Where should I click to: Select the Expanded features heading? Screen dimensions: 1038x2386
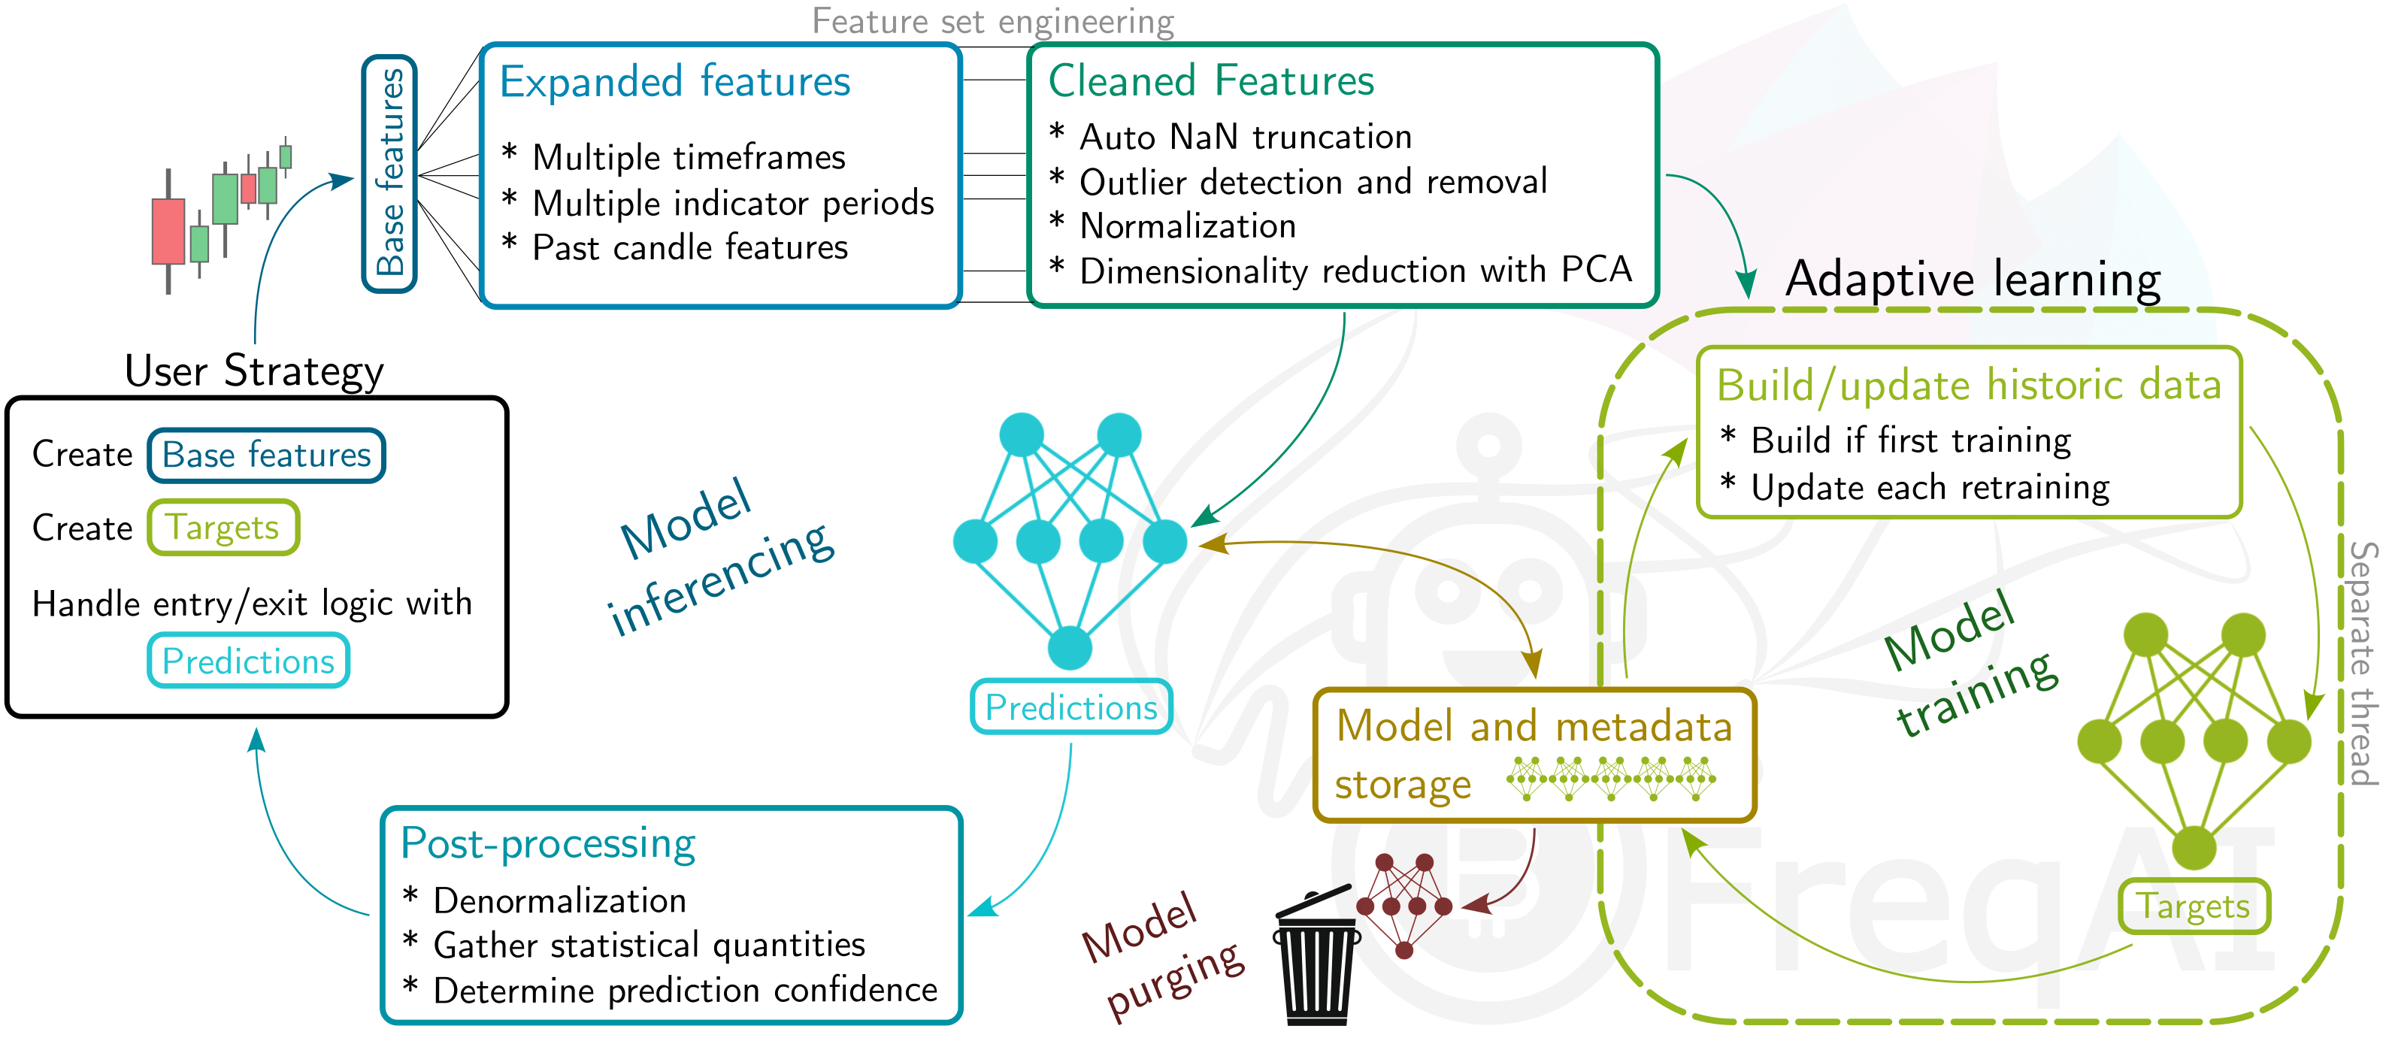674,81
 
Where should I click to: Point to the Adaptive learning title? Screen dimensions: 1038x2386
1973,279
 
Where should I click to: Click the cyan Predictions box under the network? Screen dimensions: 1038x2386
1070,707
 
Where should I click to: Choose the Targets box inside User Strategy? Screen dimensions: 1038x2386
223,528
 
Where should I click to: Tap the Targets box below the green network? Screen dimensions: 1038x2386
2194,906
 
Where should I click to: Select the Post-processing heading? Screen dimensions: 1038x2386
547,843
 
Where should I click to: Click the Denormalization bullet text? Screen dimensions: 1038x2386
559,900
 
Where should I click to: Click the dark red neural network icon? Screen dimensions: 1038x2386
1404,903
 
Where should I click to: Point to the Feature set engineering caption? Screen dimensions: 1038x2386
992,20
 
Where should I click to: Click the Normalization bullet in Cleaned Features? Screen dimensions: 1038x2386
1188,226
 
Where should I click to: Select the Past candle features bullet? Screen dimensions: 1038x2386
689,247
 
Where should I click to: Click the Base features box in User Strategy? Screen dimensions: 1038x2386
266,455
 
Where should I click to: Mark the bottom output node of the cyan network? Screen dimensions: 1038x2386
1070,647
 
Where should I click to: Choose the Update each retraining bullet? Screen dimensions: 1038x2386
1930,487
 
